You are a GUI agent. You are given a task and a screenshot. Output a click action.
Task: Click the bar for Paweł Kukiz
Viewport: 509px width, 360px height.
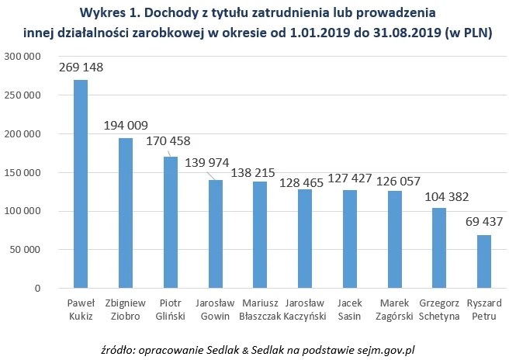pyautogui.click(x=81, y=185)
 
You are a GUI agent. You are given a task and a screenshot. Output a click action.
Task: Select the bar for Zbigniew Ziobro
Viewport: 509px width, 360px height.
pyautogui.click(x=125, y=213)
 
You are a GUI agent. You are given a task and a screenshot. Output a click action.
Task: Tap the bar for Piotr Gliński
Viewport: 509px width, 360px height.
pyautogui.click(x=170, y=223)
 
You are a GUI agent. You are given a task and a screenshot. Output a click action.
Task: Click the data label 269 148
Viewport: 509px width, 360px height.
pyautogui.click(x=81, y=68)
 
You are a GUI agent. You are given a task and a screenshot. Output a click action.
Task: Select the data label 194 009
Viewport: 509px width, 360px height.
pyautogui.click(x=125, y=126)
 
